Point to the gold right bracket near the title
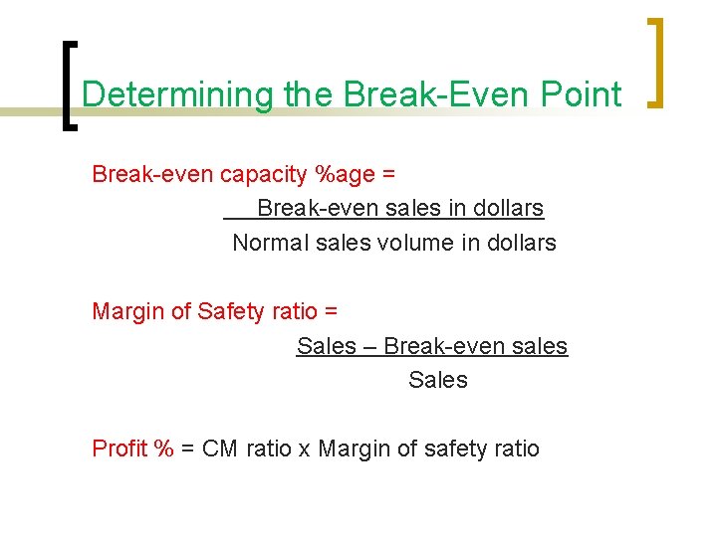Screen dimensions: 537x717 (x=656, y=62)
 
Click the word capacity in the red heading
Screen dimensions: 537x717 (x=262, y=175)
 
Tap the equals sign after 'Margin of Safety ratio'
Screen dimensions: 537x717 (x=331, y=311)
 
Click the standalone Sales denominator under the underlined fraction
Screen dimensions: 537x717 (x=437, y=380)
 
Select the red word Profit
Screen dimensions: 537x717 (x=119, y=448)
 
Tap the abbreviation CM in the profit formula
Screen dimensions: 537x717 (x=220, y=448)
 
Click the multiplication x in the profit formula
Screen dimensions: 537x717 (x=304, y=449)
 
